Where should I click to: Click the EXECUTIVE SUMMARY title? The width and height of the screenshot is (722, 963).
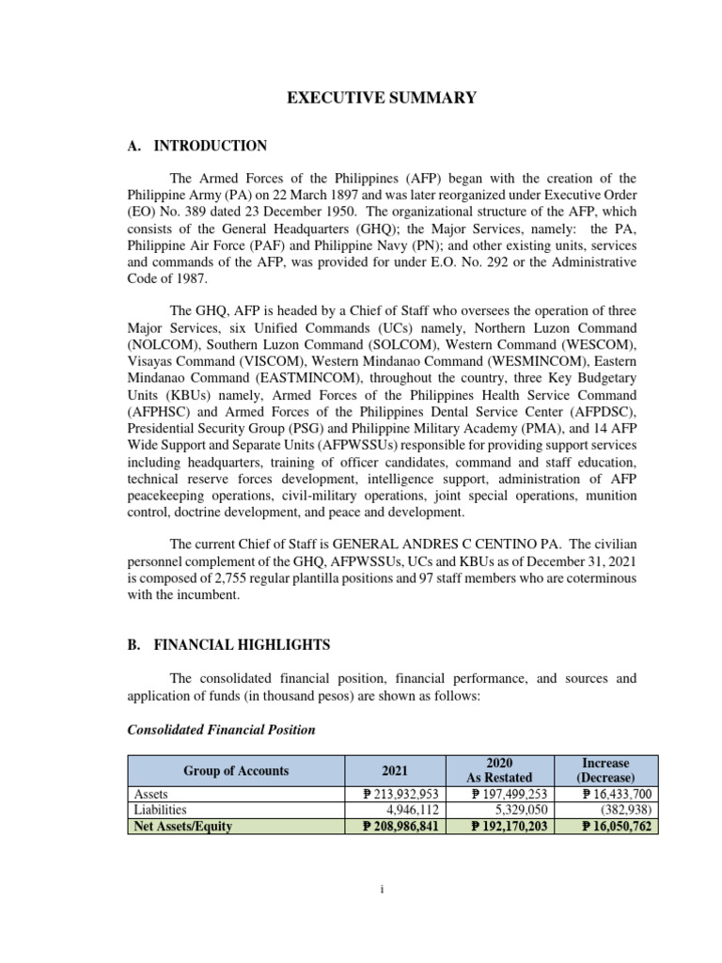382,98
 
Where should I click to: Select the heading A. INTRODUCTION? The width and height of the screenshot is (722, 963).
196,146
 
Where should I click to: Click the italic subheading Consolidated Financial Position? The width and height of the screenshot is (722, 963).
221,730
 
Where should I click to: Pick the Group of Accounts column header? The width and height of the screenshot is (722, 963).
236,770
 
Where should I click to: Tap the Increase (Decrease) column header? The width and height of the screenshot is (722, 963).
605,770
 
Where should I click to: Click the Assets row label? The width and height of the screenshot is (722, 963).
149,795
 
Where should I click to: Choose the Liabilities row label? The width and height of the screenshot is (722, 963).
160,809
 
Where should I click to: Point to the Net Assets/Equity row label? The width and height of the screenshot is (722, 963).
181,827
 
